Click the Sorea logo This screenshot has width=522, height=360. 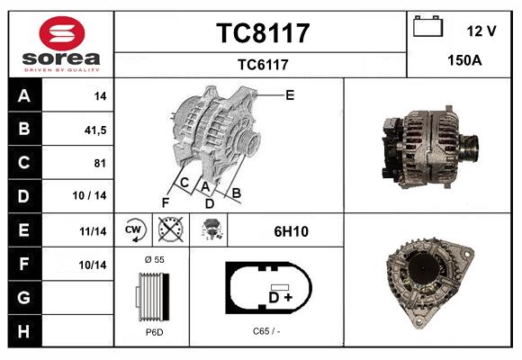[x=59, y=44]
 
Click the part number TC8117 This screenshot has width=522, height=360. [x=262, y=33]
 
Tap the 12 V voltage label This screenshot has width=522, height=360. [x=481, y=31]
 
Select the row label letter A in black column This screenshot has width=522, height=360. [x=23, y=96]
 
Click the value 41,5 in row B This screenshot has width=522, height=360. [x=94, y=130]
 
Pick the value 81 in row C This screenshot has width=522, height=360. [x=100, y=163]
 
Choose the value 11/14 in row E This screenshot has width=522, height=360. [x=94, y=231]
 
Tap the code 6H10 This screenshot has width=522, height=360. [x=291, y=231]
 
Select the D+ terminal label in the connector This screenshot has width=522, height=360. [x=280, y=297]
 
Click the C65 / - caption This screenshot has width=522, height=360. [x=266, y=331]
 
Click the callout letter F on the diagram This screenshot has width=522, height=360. [x=166, y=202]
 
